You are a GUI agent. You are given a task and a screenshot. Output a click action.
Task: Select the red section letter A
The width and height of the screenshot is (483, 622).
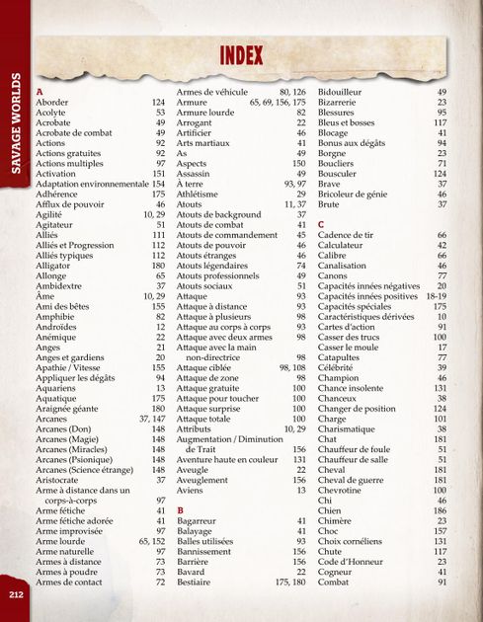[x=40, y=91]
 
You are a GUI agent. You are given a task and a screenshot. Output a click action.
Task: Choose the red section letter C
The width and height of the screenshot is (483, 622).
[x=321, y=225]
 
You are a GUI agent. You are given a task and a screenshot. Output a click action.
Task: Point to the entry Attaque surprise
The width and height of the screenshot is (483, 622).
[x=210, y=408]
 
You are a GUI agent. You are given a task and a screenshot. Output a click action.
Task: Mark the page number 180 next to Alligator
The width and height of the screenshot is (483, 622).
[x=157, y=266]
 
